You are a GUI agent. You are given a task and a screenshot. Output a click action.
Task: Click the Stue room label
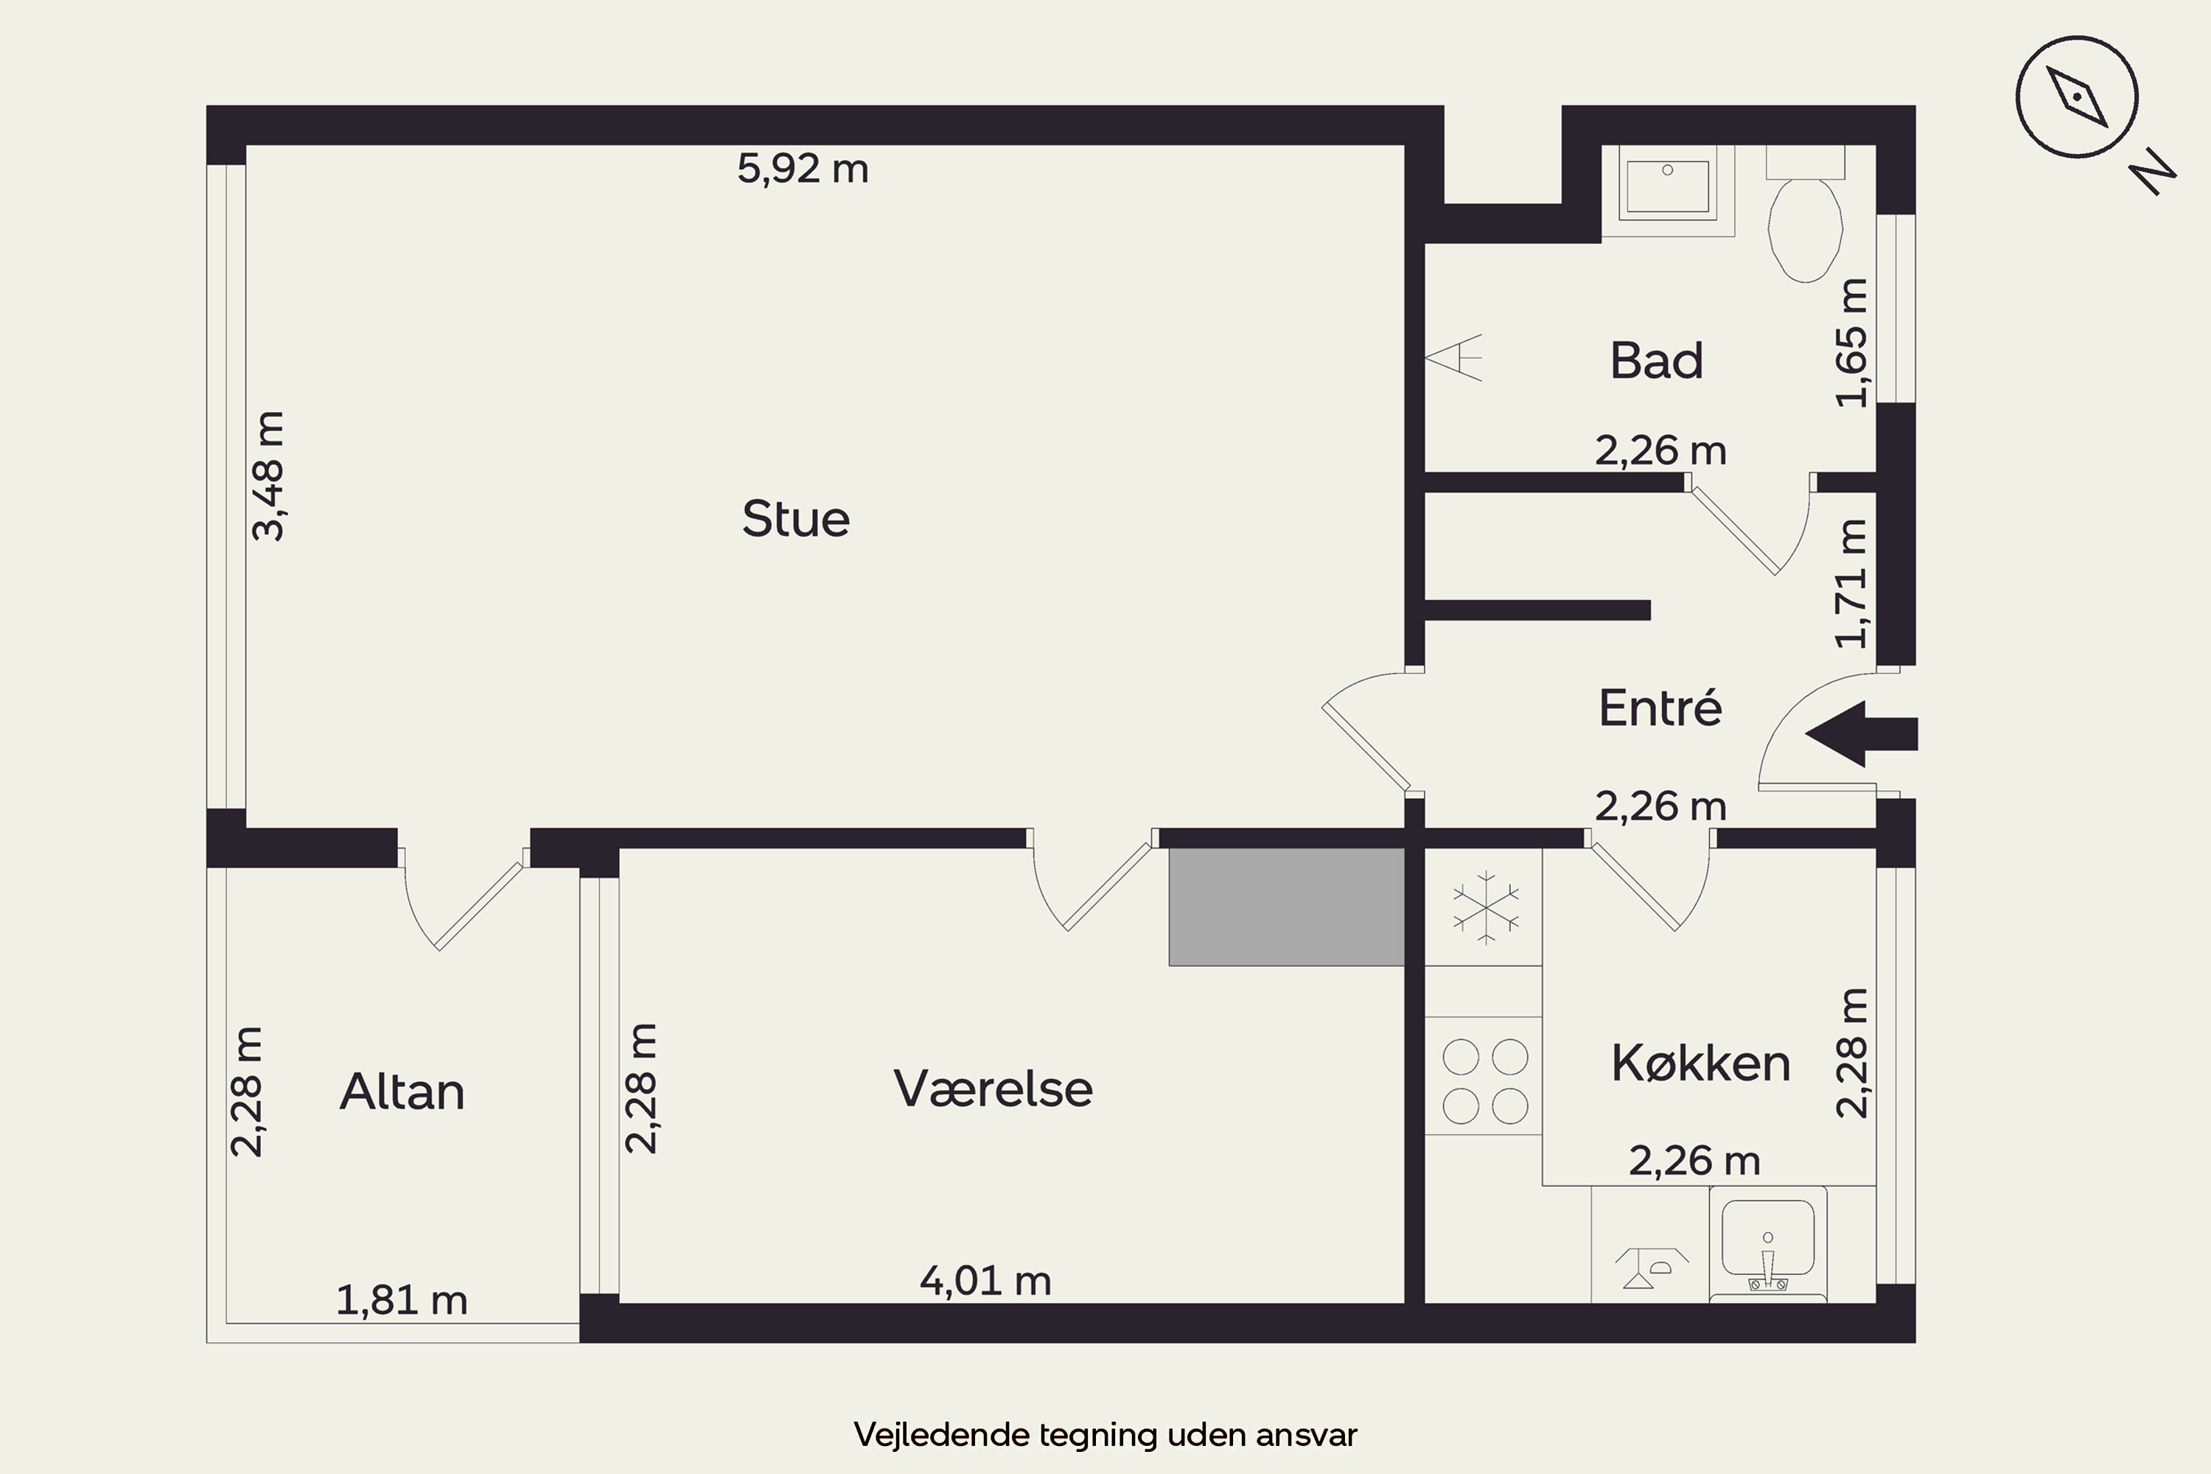796,519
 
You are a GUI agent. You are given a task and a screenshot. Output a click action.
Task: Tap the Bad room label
1656,360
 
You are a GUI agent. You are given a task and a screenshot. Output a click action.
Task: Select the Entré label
1660,707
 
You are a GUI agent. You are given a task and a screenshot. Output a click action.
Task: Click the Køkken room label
1700,1063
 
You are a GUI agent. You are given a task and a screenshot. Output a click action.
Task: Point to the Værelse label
993,1089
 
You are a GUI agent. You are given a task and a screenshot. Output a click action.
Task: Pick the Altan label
402,1091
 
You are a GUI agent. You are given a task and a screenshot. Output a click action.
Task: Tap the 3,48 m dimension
269,475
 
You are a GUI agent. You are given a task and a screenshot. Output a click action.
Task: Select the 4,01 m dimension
985,1280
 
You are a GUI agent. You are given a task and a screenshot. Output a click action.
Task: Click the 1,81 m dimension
402,1300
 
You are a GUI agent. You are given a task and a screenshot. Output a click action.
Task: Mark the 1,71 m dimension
1853,584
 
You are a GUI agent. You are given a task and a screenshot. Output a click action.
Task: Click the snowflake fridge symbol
1485,907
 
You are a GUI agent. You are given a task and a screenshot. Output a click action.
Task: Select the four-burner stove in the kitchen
1484,1080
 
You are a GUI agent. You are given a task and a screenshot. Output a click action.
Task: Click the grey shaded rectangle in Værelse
1287,907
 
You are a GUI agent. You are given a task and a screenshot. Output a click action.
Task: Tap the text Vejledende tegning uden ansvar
1105,1434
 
